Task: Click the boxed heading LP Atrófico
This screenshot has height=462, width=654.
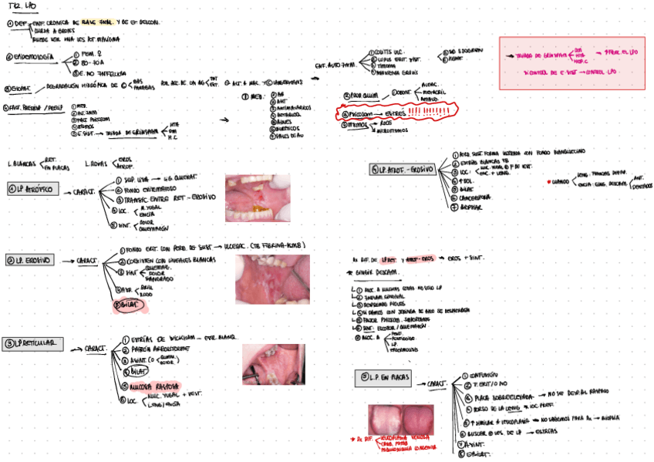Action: tap(32, 189)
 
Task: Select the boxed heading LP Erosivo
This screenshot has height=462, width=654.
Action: tap(31, 261)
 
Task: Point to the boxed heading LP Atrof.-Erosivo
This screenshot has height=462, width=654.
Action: tap(401, 169)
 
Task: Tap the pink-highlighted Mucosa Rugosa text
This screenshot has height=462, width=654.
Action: tap(161, 385)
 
